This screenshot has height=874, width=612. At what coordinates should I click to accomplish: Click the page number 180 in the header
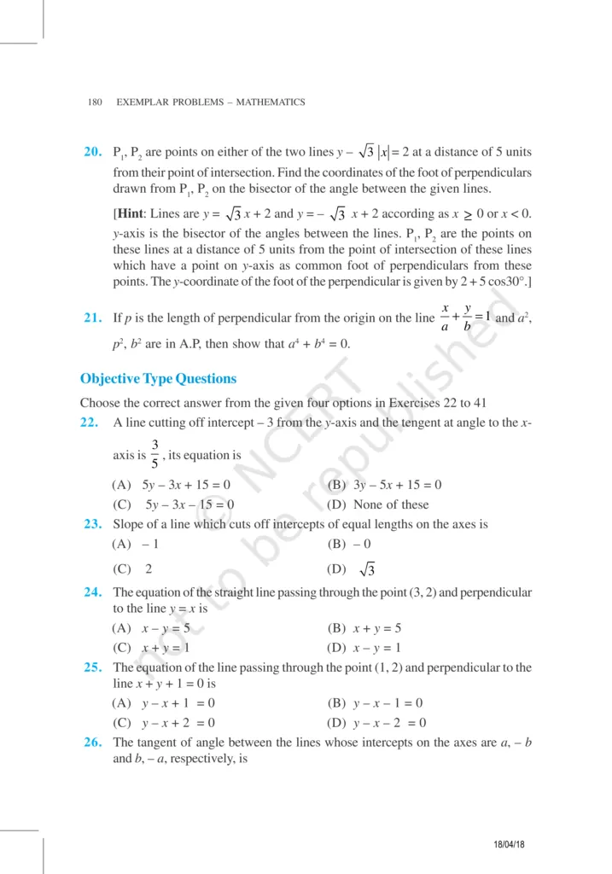95,102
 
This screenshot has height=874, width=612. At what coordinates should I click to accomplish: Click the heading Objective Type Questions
158,378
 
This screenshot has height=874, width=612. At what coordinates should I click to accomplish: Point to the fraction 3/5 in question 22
154,454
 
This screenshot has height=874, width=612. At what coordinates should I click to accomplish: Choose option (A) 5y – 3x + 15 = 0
172,485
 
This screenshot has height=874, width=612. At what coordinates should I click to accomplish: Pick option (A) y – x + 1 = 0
164,703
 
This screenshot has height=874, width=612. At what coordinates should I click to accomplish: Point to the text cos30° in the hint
504,283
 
